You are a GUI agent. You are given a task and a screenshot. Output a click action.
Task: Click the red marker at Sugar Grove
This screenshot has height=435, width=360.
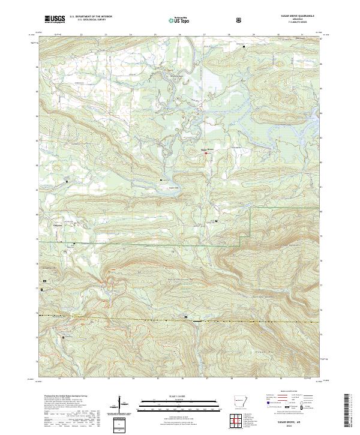pyautogui.click(x=206, y=153)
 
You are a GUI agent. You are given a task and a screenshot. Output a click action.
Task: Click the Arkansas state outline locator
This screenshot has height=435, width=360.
pyautogui.click(x=239, y=402)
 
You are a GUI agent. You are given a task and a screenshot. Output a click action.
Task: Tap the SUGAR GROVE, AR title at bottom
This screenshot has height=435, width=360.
pyautogui.click(x=295, y=420)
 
